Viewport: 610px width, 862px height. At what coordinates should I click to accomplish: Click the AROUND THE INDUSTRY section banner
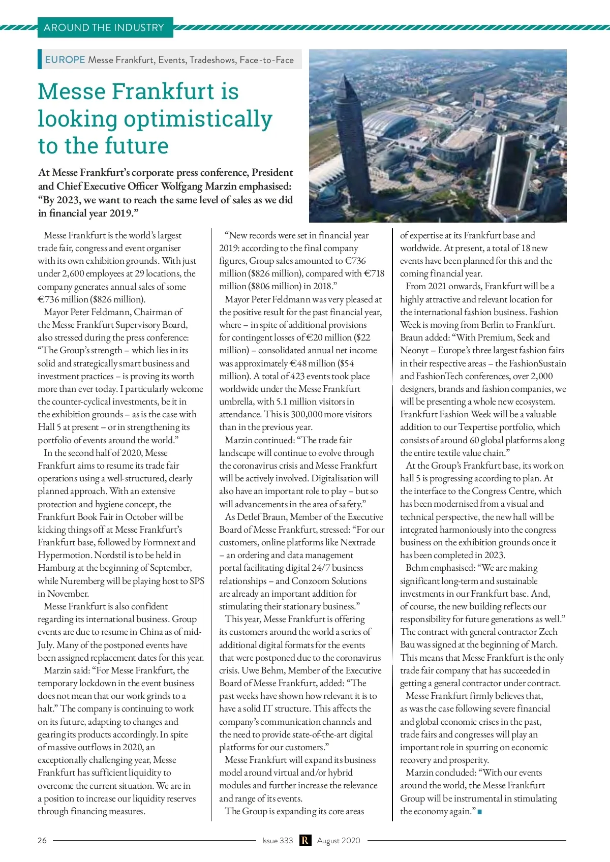104,27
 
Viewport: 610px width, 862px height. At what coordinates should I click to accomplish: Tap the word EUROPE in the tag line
65,59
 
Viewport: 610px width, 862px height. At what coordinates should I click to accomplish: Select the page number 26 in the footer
42,840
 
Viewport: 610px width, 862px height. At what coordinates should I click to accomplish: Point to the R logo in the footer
305,840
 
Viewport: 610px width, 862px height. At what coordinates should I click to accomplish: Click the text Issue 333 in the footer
278,840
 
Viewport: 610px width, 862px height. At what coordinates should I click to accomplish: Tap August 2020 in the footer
339,840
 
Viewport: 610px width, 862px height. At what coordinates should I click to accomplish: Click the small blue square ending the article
479,812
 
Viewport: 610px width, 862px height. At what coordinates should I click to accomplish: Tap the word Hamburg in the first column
56,568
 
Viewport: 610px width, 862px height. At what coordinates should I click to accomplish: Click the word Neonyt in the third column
414,350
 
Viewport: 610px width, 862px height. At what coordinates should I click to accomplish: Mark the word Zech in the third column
547,632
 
